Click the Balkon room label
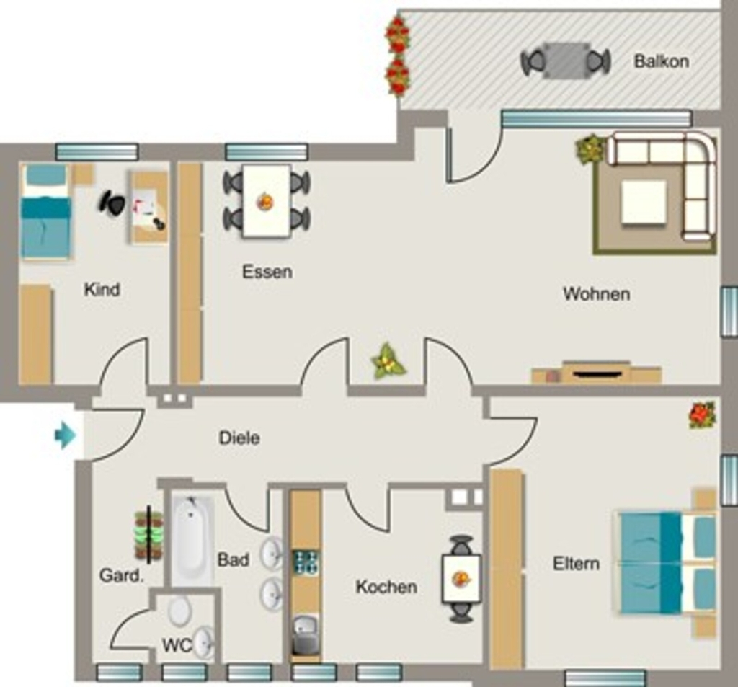click(662, 61)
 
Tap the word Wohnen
click(596, 294)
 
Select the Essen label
click(267, 272)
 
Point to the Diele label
click(239, 438)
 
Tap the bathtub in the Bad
click(192, 540)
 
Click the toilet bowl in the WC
click(179, 611)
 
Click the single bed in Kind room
click(45, 211)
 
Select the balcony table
click(566, 61)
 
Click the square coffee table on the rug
click(644, 203)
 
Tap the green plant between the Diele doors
click(388, 362)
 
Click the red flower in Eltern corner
click(702, 415)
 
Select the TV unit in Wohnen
click(597, 372)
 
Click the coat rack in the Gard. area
click(148, 535)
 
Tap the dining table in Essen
click(267, 201)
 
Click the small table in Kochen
click(461, 579)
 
